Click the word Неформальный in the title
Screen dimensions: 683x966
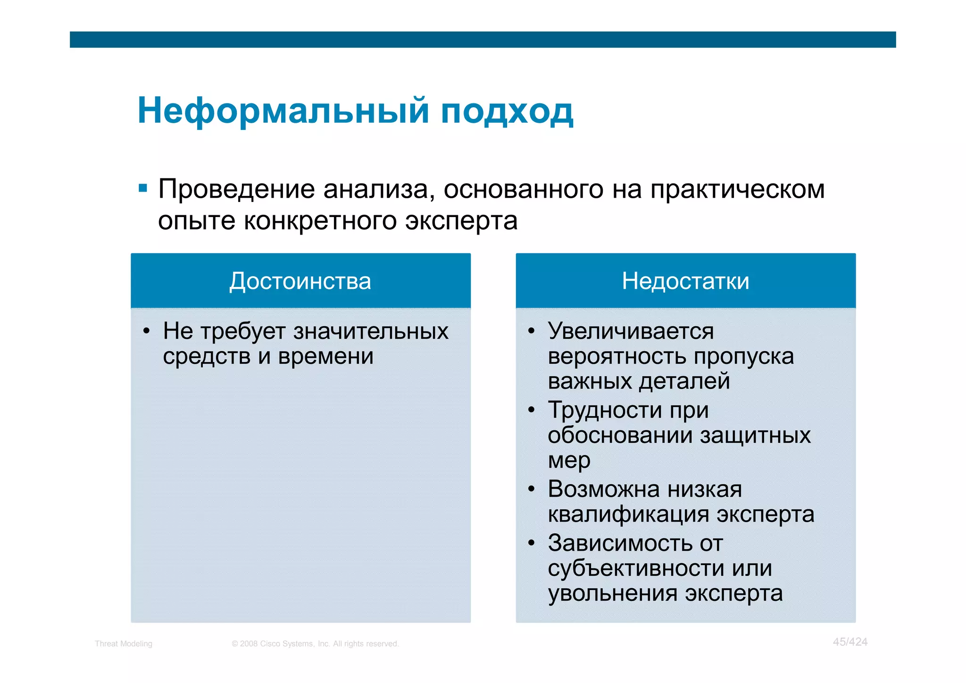(283, 111)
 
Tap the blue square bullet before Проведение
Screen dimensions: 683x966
(143, 189)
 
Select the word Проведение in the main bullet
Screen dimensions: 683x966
(236, 190)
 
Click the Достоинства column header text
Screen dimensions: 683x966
(300, 281)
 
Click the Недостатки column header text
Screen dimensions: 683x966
(685, 281)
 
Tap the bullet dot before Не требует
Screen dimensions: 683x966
(146, 331)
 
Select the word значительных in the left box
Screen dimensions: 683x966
(371, 331)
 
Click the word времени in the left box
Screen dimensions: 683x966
(325, 356)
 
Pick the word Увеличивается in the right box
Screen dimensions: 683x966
(631, 331)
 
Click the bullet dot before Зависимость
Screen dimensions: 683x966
(532, 543)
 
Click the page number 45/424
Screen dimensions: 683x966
(849, 642)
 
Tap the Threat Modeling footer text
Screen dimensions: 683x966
(123, 644)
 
